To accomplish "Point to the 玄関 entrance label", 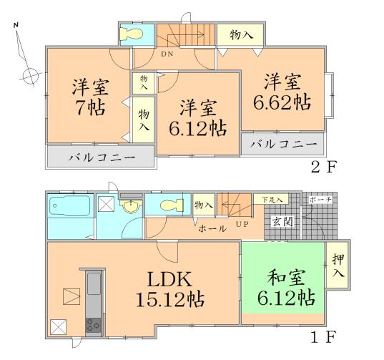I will click(x=282, y=221).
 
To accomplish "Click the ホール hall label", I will click(x=212, y=228).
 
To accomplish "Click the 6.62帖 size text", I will click(x=281, y=101).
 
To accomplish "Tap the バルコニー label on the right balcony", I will click(x=282, y=143).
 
